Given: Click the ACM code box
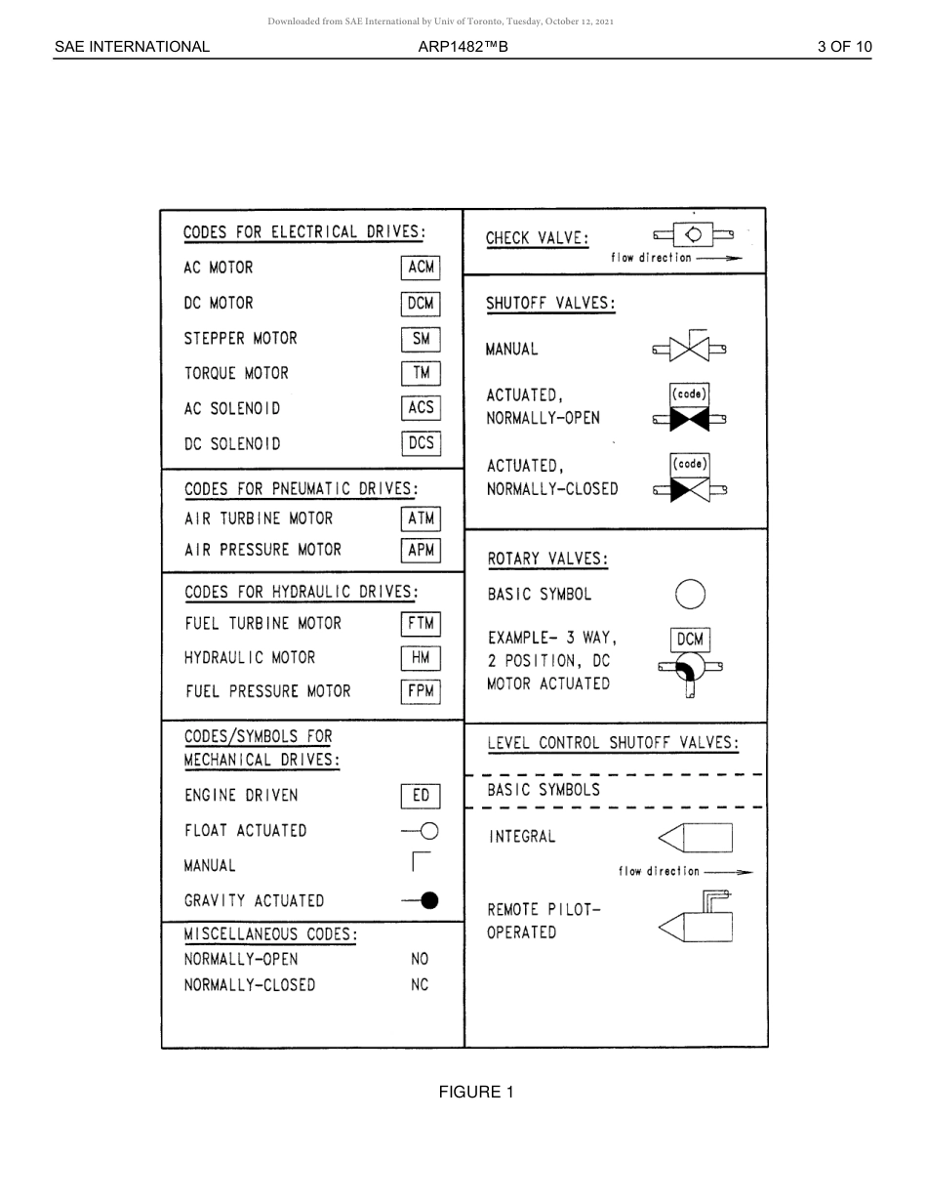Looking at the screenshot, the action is (x=421, y=268).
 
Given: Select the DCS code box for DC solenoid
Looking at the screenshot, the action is (x=421, y=443).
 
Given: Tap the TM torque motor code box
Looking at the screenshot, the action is (x=421, y=373).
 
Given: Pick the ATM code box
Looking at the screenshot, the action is (x=421, y=518).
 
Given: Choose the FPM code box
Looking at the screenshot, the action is (x=421, y=691).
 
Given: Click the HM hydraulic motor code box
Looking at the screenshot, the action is (x=421, y=658).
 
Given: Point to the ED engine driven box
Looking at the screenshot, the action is (x=421, y=796).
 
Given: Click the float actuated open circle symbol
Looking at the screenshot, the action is (x=427, y=831).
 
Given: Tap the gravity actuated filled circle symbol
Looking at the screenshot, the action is (x=428, y=901).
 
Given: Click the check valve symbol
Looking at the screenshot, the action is (x=693, y=235).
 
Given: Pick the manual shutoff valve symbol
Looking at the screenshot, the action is (x=689, y=349).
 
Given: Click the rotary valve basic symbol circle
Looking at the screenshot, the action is (x=690, y=594).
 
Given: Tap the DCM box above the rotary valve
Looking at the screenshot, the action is (x=690, y=640).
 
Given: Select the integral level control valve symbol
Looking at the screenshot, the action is (x=696, y=838).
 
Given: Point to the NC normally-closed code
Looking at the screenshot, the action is (x=420, y=985).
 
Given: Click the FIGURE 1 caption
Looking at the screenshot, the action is (x=475, y=1092).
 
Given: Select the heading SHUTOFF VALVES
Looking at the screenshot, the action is (x=550, y=303).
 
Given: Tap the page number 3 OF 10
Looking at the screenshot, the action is (x=844, y=46).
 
